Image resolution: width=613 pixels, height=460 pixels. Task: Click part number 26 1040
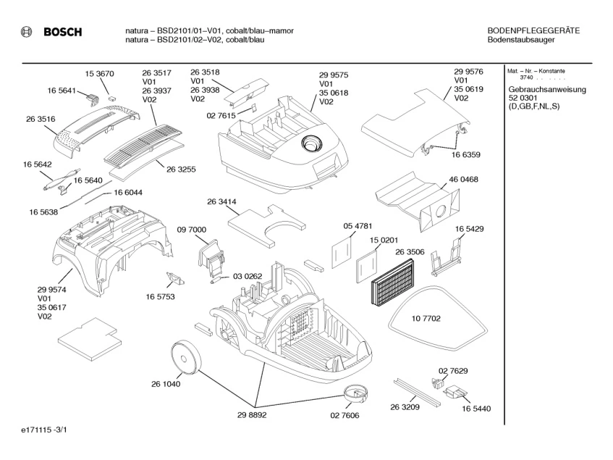tap(166, 383)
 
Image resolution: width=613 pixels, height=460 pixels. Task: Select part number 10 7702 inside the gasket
tap(426, 318)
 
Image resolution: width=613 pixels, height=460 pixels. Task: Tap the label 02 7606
tap(344, 415)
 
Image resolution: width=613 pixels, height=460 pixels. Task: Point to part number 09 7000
tap(191, 230)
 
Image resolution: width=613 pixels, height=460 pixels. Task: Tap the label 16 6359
tap(468, 154)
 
